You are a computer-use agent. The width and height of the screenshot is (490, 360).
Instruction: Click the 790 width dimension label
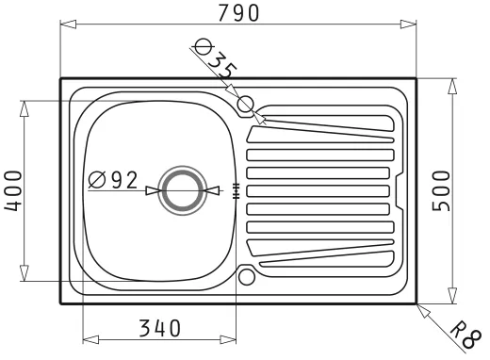pyautogui.click(x=238, y=13)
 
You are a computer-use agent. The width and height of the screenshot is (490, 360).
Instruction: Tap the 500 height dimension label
pyautogui.click(x=441, y=190)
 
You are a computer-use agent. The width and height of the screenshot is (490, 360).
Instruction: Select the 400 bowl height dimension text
pyautogui.click(x=13, y=190)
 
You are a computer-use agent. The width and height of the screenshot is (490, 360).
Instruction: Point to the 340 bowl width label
pyautogui.click(x=160, y=328)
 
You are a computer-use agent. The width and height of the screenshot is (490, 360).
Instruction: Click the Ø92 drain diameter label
pyautogui.click(x=113, y=180)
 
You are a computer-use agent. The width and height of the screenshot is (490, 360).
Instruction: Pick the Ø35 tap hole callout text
pyautogui.click(x=215, y=59)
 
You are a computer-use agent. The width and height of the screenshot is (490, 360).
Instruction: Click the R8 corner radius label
pyautogui.click(x=465, y=335)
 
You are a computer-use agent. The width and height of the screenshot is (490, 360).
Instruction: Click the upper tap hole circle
pyautogui.click(x=246, y=104)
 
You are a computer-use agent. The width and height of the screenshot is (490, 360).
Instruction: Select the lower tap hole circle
pyautogui.click(x=246, y=277)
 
